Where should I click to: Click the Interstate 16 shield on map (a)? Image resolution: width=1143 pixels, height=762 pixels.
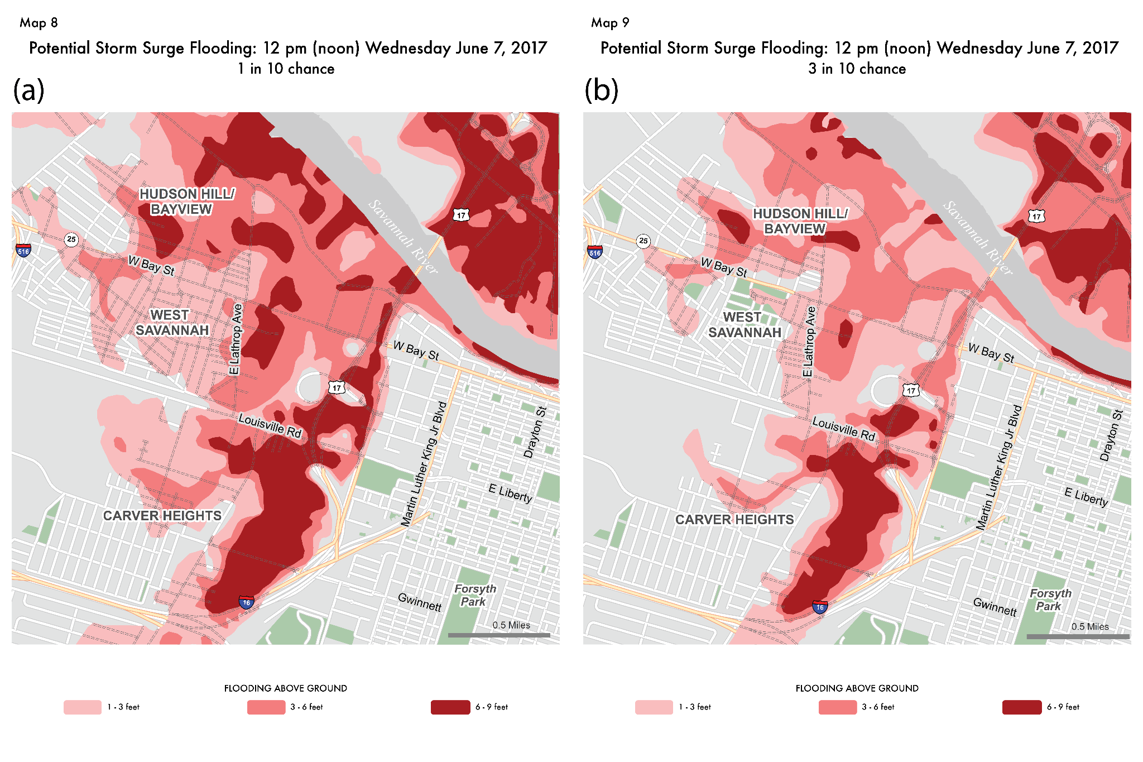[x=246, y=602]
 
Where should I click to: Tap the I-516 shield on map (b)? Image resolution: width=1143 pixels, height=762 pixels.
[x=595, y=252]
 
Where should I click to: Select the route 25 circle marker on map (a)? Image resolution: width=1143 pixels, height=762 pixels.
[x=71, y=239]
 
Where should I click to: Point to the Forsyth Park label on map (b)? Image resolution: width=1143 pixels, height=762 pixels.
[x=1050, y=600]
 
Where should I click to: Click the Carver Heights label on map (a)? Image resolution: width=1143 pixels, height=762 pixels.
[x=162, y=515]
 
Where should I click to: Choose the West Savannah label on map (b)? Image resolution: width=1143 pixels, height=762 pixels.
[x=744, y=325]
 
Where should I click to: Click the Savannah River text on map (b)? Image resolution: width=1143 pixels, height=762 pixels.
[x=977, y=238]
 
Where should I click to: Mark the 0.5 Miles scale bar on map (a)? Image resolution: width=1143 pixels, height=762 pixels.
[x=499, y=635]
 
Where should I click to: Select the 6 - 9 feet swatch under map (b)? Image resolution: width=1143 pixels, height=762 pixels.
[x=1021, y=707]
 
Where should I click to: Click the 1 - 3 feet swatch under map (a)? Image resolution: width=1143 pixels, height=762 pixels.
[x=83, y=707]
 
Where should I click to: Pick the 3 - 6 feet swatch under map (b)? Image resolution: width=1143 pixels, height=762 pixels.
[x=837, y=707]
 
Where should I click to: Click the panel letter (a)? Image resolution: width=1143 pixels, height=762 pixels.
[x=28, y=90]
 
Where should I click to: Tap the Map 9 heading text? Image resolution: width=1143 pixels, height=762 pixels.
[x=610, y=23]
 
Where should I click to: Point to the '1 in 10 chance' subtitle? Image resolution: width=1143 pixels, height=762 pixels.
[x=286, y=69]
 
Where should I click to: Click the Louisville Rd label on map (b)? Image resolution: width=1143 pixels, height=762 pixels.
[x=843, y=429]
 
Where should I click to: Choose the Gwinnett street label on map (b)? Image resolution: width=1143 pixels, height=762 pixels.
[x=995, y=606]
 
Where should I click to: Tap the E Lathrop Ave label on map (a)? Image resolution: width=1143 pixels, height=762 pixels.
[x=236, y=339]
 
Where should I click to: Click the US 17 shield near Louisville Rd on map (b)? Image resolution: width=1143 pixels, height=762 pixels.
[x=911, y=390]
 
